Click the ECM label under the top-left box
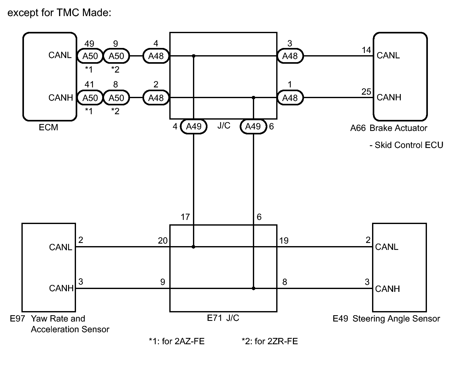[48, 127]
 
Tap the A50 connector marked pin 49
[90, 56]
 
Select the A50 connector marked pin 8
[116, 98]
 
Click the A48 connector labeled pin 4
[156, 56]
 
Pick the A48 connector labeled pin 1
[290, 98]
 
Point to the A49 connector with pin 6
[253, 126]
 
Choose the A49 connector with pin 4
[194, 126]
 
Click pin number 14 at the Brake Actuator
[366, 50]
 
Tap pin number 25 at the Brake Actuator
[366, 91]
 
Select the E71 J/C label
[223, 318]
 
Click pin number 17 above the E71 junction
[185, 217]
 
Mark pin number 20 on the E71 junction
[163, 240]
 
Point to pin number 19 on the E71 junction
[284, 240]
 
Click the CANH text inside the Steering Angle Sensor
[388, 289]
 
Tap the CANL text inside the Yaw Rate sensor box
[61, 247]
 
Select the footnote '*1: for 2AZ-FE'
[177, 341]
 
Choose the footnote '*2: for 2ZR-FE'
[270, 341]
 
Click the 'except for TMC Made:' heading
[59, 13]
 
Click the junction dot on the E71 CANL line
[194, 247]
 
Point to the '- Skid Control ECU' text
[406, 145]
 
